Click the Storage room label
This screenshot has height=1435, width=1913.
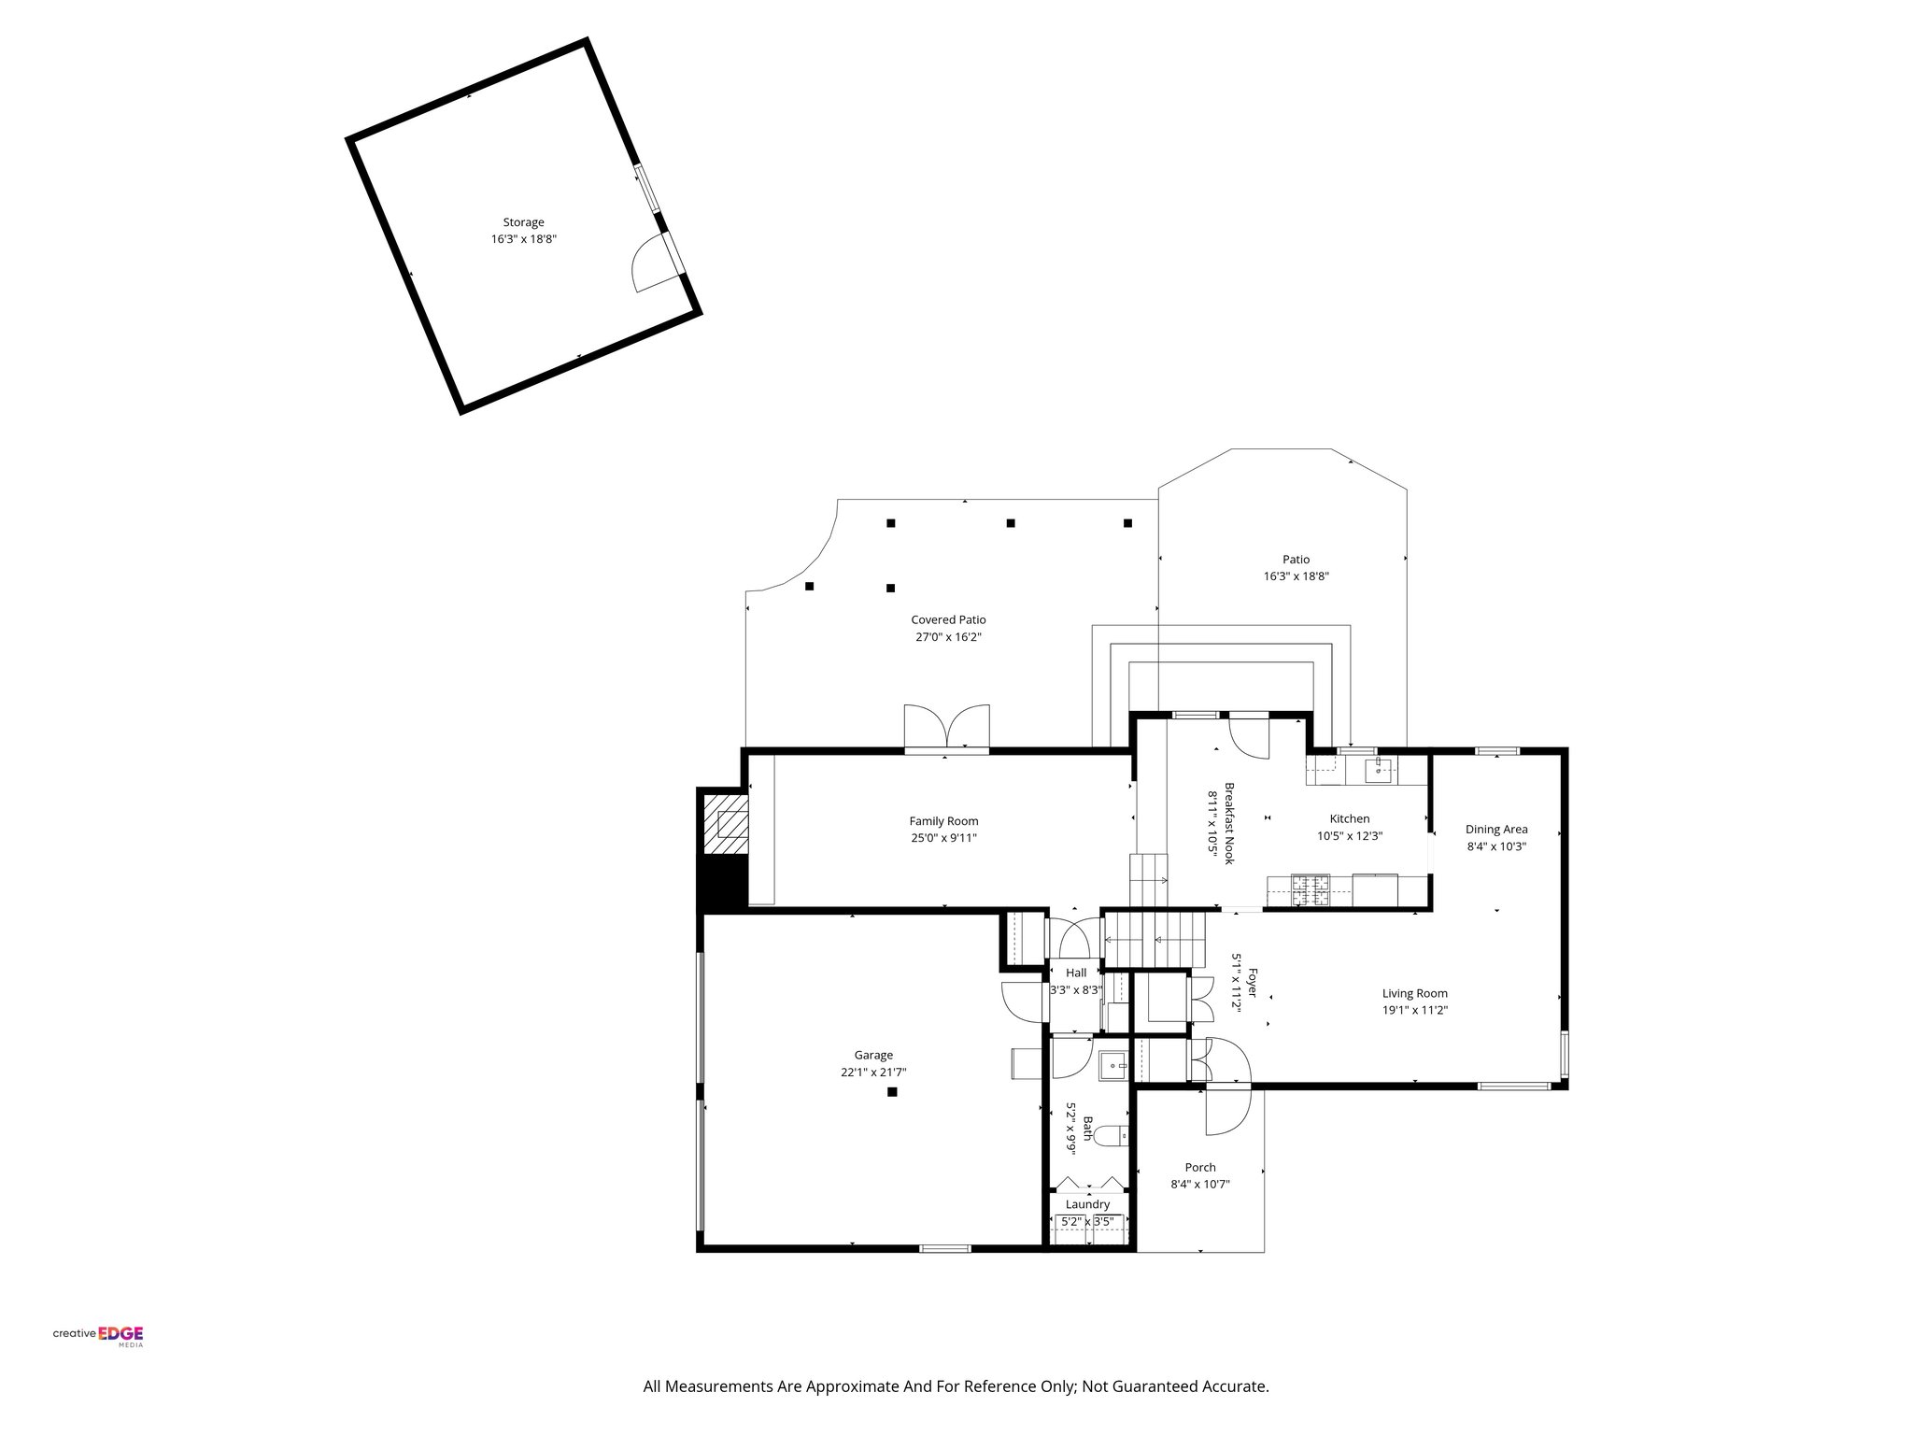[x=523, y=222]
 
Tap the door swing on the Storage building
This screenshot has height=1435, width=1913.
[x=652, y=264]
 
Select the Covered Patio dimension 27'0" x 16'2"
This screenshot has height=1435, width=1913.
[x=948, y=637]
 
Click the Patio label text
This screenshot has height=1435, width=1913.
[x=1296, y=560]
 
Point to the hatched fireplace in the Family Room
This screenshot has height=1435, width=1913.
[x=726, y=823]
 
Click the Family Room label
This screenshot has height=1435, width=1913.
[x=943, y=821]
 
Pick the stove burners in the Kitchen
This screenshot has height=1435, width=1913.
[x=1311, y=890]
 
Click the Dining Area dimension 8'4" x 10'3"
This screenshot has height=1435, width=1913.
[x=1496, y=846]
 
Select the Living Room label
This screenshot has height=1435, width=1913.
[x=1414, y=993]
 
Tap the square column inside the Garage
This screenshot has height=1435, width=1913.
[x=892, y=1091]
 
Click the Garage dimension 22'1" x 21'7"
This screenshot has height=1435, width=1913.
[x=873, y=1073]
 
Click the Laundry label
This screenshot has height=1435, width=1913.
[x=1087, y=1204]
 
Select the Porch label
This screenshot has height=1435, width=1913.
[x=1200, y=1167]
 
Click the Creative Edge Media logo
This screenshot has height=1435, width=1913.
[x=98, y=1335]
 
